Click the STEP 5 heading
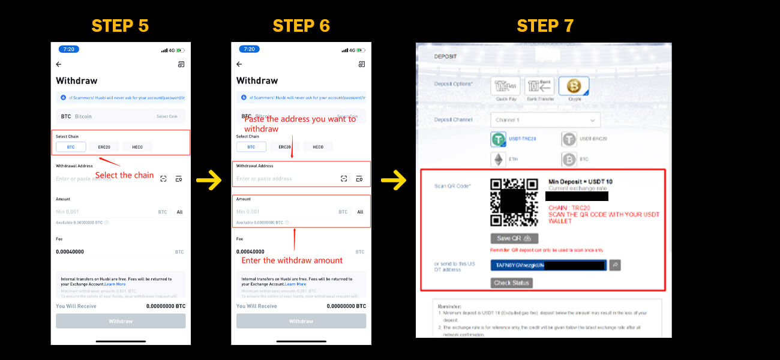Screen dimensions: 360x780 [x=120, y=26]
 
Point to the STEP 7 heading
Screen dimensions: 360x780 [x=545, y=26]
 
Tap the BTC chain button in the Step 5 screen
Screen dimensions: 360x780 [x=71, y=147]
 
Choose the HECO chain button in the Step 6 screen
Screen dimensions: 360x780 [x=318, y=147]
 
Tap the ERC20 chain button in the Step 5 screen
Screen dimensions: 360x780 [x=104, y=147]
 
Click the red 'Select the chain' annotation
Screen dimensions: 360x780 [x=124, y=175]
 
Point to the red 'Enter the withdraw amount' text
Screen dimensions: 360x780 [x=292, y=260]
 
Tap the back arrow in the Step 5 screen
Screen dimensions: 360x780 [x=59, y=64]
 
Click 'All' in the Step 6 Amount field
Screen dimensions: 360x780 [x=360, y=212]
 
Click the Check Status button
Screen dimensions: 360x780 [x=511, y=283]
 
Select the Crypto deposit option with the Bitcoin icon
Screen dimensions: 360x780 [x=574, y=88]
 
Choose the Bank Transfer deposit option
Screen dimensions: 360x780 [x=539, y=88]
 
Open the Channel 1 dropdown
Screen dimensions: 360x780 [x=545, y=120]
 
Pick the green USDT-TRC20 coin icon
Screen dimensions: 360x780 [x=499, y=140]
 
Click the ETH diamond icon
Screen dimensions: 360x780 [x=498, y=160]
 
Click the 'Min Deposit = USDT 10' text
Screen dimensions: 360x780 [x=580, y=182]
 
